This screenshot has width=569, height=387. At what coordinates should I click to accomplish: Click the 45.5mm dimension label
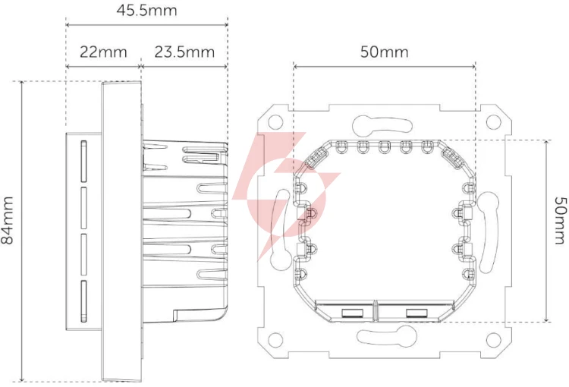(146, 10)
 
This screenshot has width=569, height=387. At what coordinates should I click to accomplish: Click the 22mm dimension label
(103, 52)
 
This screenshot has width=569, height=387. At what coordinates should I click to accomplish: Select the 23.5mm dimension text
(184, 52)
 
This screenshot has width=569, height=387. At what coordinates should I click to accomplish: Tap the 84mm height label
(8, 220)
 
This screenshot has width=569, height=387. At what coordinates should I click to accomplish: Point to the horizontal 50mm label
(385, 52)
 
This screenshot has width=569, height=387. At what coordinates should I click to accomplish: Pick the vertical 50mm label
(560, 220)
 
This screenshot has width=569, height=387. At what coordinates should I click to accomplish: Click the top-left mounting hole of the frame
(275, 121)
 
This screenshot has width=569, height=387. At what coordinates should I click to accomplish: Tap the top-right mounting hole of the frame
(493, 122)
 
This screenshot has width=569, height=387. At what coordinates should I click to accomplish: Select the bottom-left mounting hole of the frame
(275, 340)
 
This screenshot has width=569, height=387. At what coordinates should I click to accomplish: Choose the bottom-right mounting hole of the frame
(493, 340)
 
